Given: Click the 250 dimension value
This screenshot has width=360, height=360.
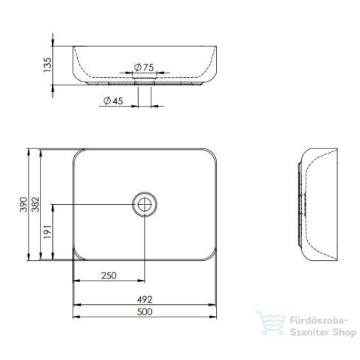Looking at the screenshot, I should point(109,275).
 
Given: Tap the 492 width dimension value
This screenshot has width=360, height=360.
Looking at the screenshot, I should point(145,300).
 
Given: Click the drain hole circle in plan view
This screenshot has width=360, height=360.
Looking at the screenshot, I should point(144,204).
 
